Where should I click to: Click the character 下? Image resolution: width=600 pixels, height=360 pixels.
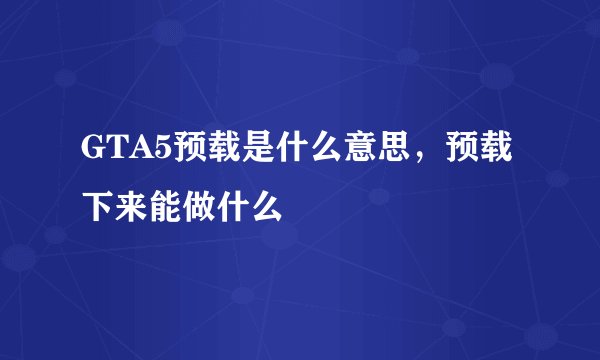97,207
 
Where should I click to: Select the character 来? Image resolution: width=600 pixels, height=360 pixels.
131,207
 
